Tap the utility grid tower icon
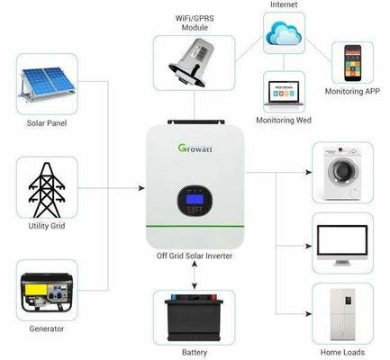click(x=46, y=187)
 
